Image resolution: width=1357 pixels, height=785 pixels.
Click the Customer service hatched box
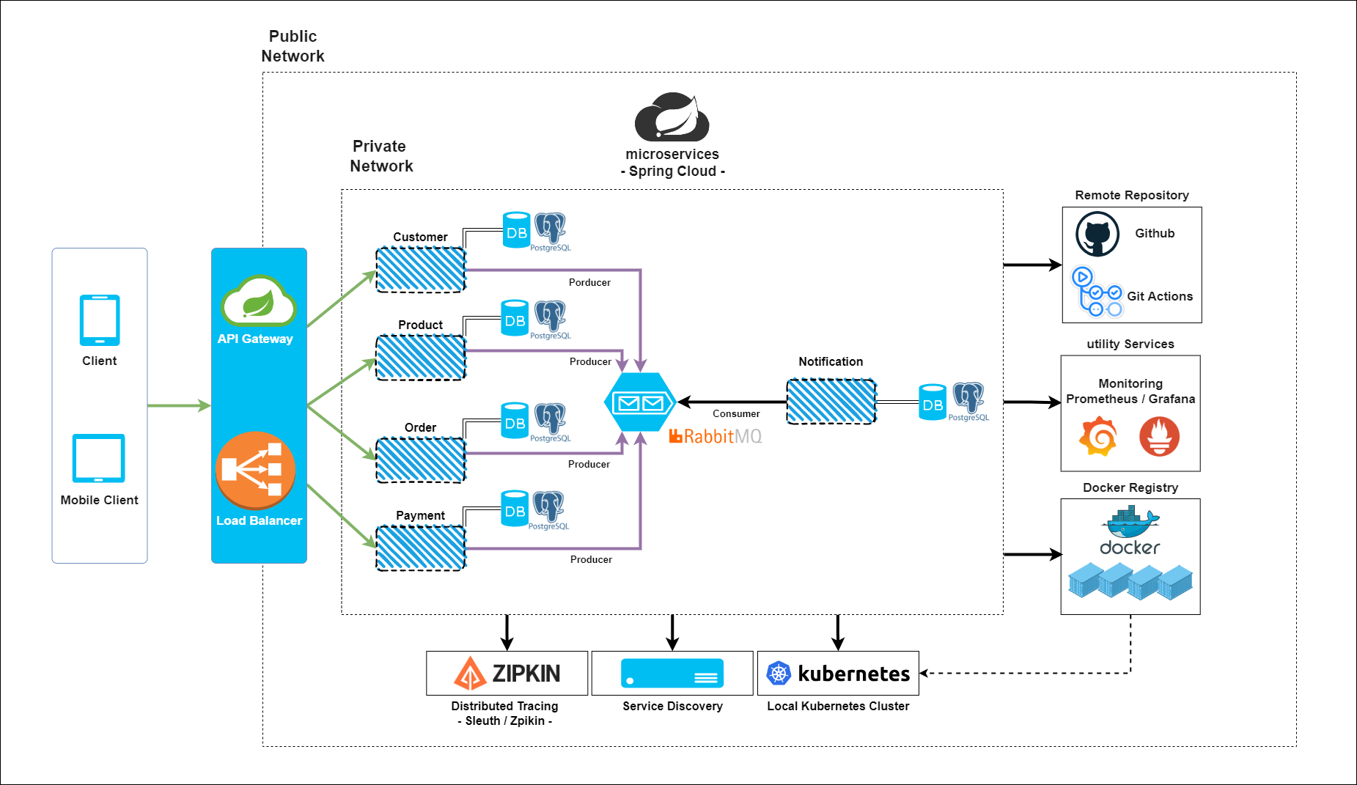coord(421,270)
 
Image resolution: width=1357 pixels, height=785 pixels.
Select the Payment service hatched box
coord(421,548)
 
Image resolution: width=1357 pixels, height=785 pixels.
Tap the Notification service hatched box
coord(831,402)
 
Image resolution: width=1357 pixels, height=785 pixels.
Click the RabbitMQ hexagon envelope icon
coord(639,402)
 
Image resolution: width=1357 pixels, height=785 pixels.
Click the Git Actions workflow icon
coord(1097,292)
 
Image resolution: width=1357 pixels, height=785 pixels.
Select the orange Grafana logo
coord(1097,437)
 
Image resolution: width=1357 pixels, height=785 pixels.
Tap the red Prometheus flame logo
coord(1159,436)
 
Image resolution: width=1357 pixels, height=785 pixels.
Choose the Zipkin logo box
coord(507,673)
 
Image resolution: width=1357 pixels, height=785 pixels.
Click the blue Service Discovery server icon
coord(672,673)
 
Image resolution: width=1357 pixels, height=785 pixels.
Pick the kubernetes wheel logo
coord(779,673)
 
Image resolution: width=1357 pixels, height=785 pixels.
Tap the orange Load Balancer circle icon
coord(255,471)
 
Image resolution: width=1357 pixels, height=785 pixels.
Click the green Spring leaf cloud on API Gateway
coord(258,302)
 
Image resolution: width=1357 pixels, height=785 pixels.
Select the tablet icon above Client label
coord(100,320)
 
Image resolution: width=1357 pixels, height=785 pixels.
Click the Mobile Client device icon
coord(99,458)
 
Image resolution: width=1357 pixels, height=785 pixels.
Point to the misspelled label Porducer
coord(589,282)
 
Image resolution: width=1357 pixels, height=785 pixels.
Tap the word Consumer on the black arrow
coord(736,413)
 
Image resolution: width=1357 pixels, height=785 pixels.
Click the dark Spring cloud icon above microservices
coord(672,117)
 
